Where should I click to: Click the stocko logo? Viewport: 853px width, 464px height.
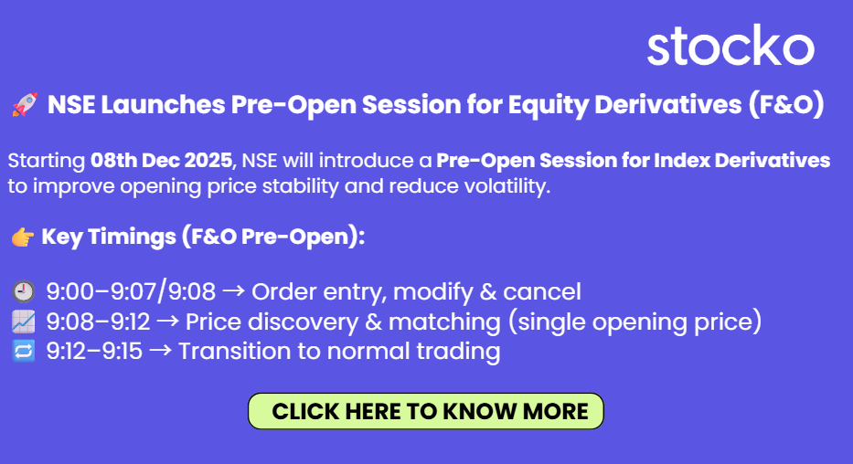730,45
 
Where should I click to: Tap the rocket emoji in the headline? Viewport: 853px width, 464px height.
25,104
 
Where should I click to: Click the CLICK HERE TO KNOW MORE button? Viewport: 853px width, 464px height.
426,411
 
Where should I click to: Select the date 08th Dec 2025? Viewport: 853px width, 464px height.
162,160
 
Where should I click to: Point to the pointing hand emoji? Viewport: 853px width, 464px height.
23,237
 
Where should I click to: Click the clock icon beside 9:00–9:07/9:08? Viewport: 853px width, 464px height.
24,291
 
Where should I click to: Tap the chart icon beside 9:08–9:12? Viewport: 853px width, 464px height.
24,322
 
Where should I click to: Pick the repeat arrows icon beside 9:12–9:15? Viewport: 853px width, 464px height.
24,351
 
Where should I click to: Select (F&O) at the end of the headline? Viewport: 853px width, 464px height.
786,104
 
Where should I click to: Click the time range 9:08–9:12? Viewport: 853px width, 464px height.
98,322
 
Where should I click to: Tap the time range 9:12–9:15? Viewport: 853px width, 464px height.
94,351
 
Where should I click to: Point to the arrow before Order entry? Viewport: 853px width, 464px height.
234,291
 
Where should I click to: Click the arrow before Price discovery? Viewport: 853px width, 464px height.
168,322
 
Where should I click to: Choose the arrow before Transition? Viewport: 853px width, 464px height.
161,351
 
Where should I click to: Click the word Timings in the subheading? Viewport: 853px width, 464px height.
133,237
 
